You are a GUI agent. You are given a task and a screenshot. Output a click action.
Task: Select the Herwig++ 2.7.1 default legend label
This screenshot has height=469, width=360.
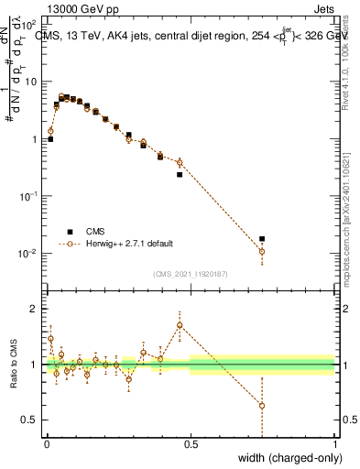[129, 244]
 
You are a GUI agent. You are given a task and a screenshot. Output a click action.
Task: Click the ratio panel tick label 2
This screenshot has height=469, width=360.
[36, 309]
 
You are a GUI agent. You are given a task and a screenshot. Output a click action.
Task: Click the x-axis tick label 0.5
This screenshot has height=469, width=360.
[191, 443]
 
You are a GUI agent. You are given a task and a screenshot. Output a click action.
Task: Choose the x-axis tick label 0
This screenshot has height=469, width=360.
[46, 443]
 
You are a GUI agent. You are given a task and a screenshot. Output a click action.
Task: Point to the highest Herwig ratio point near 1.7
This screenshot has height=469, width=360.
[180, 325]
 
